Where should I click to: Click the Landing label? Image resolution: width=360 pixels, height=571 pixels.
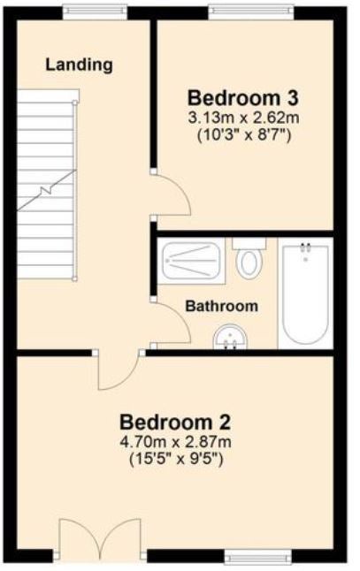click(x=79, y=65)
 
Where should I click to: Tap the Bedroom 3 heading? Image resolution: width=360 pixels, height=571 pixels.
click(x=243, y=98)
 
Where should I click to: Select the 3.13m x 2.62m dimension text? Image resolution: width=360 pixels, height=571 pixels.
click(x=243, y=118)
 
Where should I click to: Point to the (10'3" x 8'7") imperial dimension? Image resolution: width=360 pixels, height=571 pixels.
click(x=244, y=135)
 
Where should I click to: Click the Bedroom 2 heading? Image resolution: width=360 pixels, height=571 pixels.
click(x=175, y=423)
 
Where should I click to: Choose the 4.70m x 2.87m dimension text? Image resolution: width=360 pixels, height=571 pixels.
click(x=175, y=442)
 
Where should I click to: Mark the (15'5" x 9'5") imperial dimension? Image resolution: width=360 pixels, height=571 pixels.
click(x=176, y=460)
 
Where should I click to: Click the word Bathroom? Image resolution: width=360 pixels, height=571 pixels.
click(x=221, y=306)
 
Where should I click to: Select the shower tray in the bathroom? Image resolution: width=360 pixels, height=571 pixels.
click(x=192, y=261)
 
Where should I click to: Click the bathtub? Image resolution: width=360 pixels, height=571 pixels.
click(x=305, y=293)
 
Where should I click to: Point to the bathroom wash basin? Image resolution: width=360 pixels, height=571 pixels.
click(x=230, y=338)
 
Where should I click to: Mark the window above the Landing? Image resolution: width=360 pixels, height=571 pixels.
click(x=95, y=12)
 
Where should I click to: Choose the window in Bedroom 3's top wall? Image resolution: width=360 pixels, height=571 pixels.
click(x=251, y=12)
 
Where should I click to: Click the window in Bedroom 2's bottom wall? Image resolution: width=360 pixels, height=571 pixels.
click(x=258, y=557)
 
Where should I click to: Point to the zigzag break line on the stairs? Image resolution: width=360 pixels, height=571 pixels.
click(x=47, y=190)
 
